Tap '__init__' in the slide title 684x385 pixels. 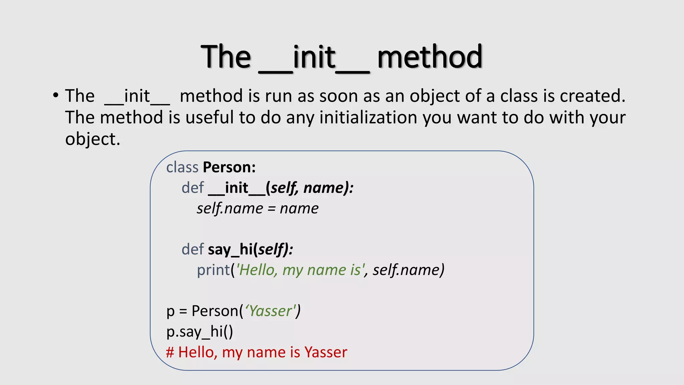coord(314,57)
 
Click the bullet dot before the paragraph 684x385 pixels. coord(56,96)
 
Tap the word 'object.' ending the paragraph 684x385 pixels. coord(93,139)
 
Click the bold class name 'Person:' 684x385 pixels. coord(229,167)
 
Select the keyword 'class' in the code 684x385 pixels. coord(182,167)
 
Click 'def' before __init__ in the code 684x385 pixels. coord(193,188)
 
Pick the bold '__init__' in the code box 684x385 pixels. coord(236,188)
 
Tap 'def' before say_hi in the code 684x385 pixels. coord(193,249)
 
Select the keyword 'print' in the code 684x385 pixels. coord(214,270)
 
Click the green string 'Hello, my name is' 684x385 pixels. coord(300,270)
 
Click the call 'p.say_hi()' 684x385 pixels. coord(200,332)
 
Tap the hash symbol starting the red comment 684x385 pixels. coord(170,352)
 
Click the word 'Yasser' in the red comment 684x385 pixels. coord(326,352)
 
